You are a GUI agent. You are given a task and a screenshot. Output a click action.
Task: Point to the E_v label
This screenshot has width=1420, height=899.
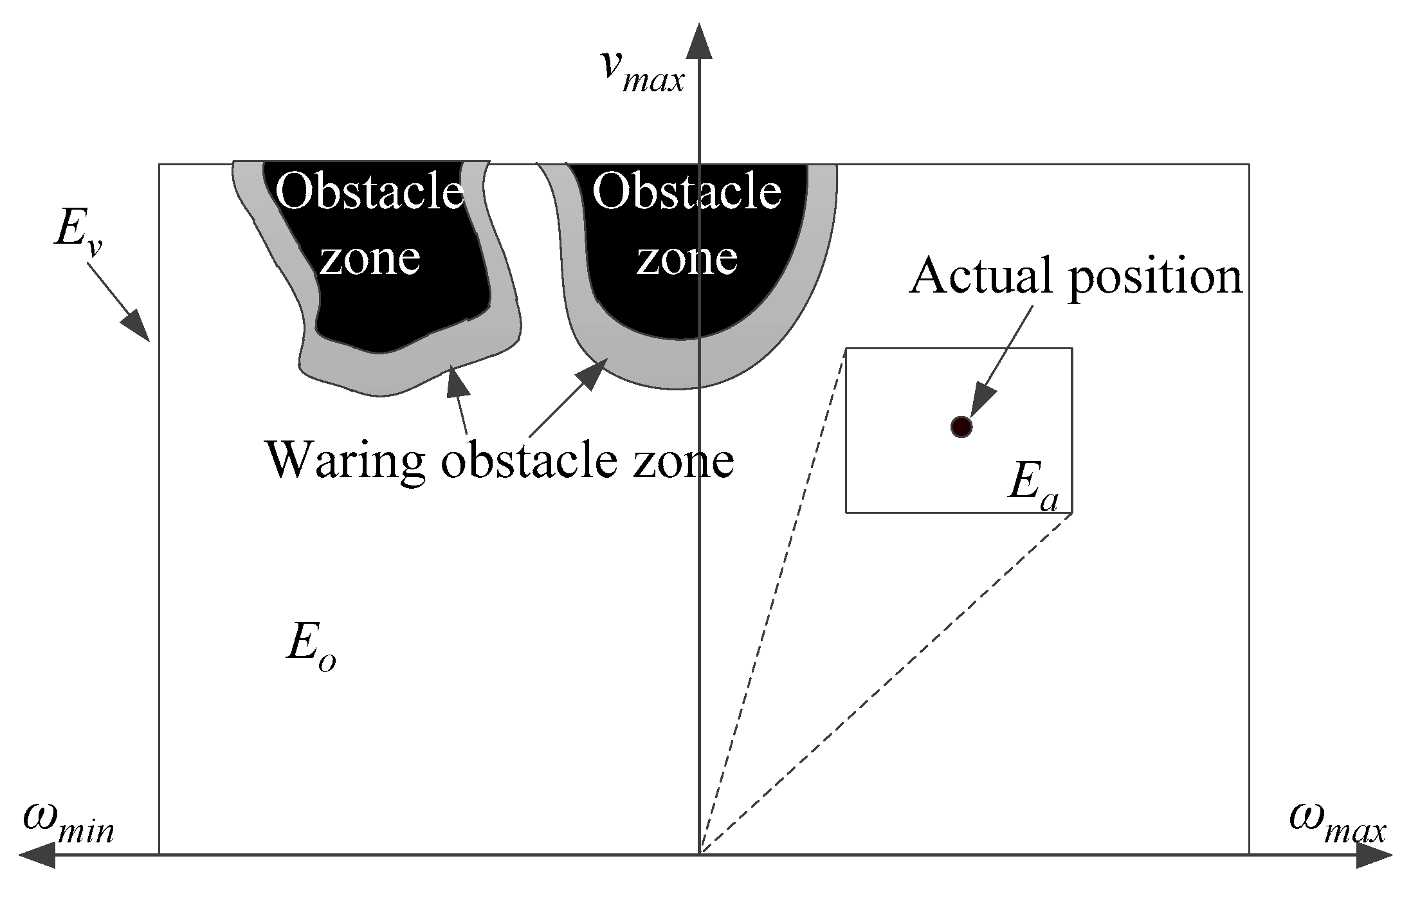click(77, 233)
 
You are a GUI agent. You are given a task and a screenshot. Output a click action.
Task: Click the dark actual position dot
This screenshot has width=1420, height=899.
click(961, 426)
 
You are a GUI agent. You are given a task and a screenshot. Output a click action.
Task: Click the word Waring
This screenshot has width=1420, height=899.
click(345, 461)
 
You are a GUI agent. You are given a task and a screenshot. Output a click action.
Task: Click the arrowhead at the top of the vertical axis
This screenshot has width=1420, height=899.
click(699, 40)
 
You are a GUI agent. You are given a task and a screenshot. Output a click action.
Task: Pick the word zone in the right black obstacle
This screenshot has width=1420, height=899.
click(687, 258)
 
